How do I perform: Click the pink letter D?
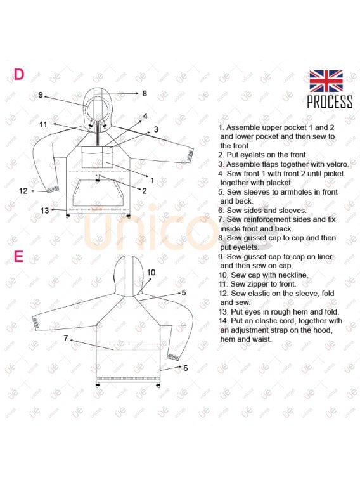[x=19, y=74]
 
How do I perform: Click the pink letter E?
[x=18, y=256]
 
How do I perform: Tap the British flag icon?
[x=326, y=81]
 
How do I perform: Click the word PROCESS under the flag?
[x=330, y=101]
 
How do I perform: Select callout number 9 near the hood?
[x=41, y=95]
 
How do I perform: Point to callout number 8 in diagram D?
[x=145, y=93]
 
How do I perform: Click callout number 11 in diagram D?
[x=44, y=124]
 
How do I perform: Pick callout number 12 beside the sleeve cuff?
[x=23, y=191]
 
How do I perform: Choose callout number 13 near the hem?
[x=44, y=211]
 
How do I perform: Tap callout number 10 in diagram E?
[x=151, y=273]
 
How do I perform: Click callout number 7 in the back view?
[x=66, y=338]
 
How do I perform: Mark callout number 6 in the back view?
[x=185, y=368]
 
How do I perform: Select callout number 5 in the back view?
[x=184, y=293]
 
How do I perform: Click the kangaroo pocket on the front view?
[x=97, y=193]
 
